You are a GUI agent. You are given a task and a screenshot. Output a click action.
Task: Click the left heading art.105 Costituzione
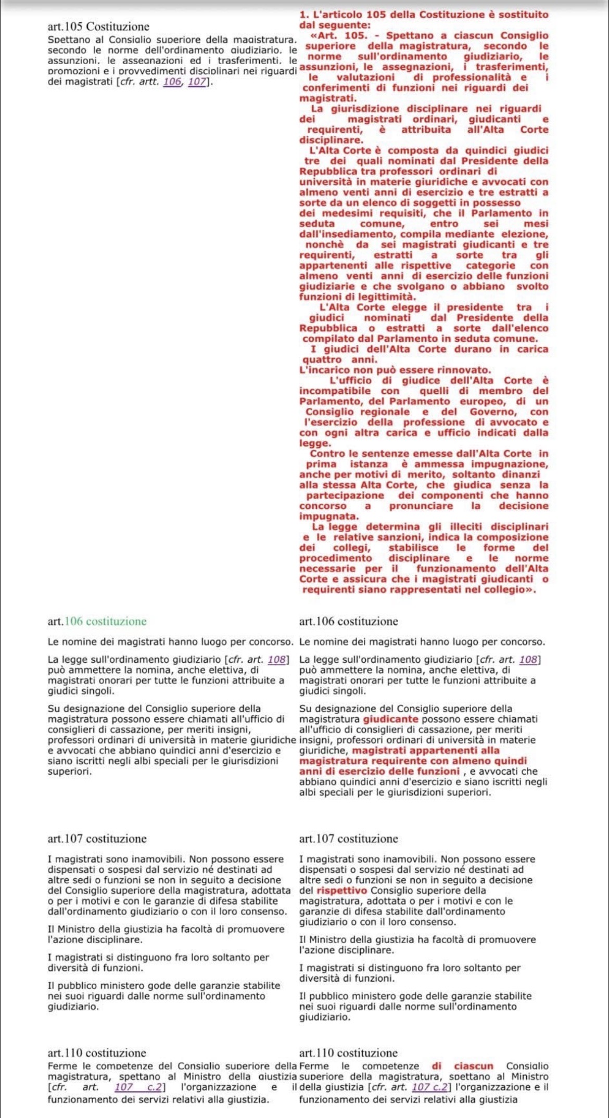tap(98, 27)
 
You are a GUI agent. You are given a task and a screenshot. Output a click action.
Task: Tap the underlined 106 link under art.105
tap(172, 83)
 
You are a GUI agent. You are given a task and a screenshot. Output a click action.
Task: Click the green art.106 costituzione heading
tap(97, 621)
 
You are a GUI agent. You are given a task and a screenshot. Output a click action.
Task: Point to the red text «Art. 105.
tap(338, 36)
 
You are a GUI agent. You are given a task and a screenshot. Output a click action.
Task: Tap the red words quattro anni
tap(339, 359)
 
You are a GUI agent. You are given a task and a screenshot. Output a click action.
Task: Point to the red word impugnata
tap(329, 517)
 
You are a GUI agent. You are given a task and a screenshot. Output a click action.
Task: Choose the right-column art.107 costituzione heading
tap(349, 839)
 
